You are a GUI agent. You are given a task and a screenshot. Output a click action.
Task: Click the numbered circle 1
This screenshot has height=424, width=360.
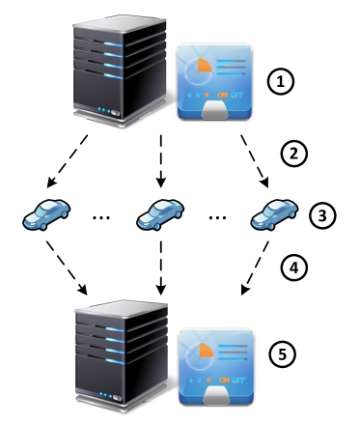point(280,82)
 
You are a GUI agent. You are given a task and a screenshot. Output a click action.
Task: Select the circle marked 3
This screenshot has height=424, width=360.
point(322,215)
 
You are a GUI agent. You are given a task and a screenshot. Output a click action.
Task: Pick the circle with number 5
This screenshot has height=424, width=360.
point(281,354)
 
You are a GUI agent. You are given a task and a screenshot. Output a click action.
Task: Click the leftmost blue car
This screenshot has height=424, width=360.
point(45,214)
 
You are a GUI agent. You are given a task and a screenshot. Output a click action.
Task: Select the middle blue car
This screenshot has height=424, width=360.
point(160,214)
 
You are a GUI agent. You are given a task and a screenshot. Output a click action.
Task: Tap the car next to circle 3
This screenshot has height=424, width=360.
point(275,214)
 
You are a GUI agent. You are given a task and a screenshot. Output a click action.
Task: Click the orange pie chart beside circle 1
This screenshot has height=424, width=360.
point(200,71)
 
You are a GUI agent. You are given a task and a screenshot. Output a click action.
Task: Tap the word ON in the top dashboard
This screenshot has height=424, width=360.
point(223,96)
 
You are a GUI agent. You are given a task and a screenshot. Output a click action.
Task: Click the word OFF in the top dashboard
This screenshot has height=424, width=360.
point(237,96)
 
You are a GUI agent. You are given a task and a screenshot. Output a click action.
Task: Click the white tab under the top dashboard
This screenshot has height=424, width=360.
point(215,109)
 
